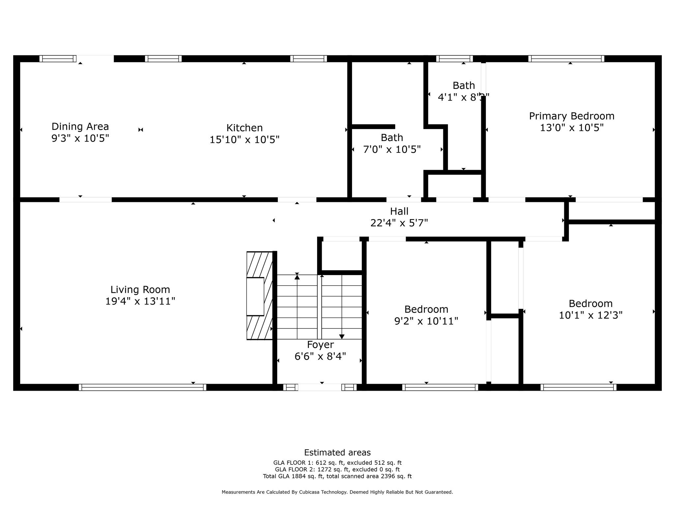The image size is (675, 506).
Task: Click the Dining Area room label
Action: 80,126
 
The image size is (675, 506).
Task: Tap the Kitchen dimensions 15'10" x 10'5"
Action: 244,140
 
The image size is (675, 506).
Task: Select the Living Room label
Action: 140,290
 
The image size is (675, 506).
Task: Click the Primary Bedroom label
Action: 572,116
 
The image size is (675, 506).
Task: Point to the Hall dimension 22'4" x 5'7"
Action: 399,223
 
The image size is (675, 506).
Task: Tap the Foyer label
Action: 320,345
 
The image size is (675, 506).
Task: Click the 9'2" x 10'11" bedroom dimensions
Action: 426,321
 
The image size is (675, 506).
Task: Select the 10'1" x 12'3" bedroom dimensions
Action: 590,315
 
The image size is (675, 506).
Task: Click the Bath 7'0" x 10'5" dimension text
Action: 392,150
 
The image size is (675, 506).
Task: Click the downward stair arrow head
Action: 342,336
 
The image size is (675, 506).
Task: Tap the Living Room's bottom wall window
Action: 142,387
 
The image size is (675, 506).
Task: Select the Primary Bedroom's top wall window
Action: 566,59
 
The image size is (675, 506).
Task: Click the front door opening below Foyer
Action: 320,387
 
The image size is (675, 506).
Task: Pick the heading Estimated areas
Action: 337,452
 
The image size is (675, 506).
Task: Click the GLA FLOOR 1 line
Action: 337,463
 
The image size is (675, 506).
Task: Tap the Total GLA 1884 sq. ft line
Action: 337,476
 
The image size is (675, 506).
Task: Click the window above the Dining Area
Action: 58,59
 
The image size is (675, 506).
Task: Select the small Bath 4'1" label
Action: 463,86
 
